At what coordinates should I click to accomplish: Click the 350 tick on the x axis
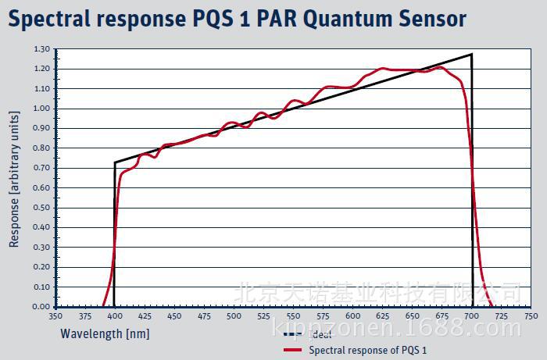55,316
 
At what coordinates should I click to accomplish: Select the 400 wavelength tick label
114,316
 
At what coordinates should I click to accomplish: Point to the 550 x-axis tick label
293,316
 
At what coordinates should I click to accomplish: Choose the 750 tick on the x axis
531,316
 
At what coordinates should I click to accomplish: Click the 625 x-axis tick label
382,316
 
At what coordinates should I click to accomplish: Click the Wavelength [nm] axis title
105,334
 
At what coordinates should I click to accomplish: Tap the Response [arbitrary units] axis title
14,179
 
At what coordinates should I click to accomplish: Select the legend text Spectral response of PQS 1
368,350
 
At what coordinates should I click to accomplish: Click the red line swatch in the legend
292,350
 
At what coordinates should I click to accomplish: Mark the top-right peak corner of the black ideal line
472,55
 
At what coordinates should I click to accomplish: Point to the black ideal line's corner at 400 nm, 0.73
115,162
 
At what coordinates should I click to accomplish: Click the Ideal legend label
320,335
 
